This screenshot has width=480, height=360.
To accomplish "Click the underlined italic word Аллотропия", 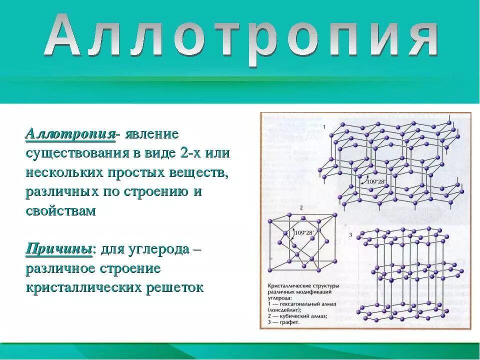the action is (70, 134).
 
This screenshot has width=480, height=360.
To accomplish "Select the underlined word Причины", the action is (59, 249).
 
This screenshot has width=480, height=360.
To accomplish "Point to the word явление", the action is (152, 134).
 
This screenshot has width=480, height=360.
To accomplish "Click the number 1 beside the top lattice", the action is (324, 127).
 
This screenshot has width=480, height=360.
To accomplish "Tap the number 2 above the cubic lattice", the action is (301, 207).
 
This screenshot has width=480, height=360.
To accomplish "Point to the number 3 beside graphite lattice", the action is (350, 235).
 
